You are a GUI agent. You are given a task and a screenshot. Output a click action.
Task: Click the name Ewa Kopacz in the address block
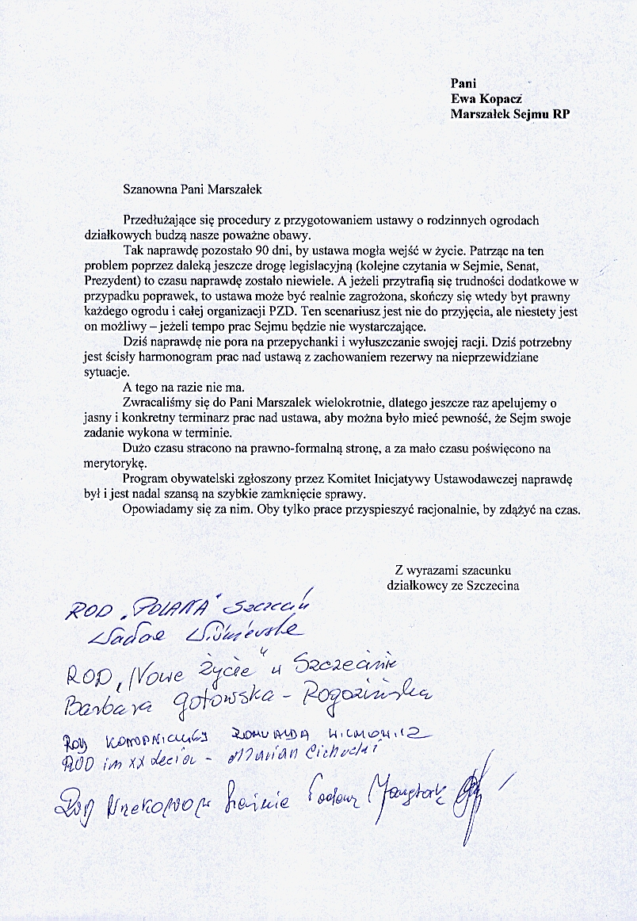(x=486, y=98)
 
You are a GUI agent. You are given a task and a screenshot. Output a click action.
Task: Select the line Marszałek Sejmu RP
(x=509, y=113)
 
